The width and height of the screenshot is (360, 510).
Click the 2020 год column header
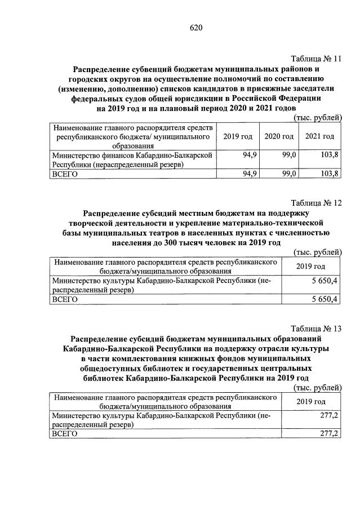279,136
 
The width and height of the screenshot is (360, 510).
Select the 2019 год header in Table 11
238,136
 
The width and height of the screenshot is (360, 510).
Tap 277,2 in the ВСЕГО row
328,433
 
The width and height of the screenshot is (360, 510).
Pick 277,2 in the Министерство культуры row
328,415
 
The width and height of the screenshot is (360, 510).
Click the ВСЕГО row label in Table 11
64,174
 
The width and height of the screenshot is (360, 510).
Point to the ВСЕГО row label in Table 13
64,433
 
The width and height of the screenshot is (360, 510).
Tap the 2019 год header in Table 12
311,266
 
